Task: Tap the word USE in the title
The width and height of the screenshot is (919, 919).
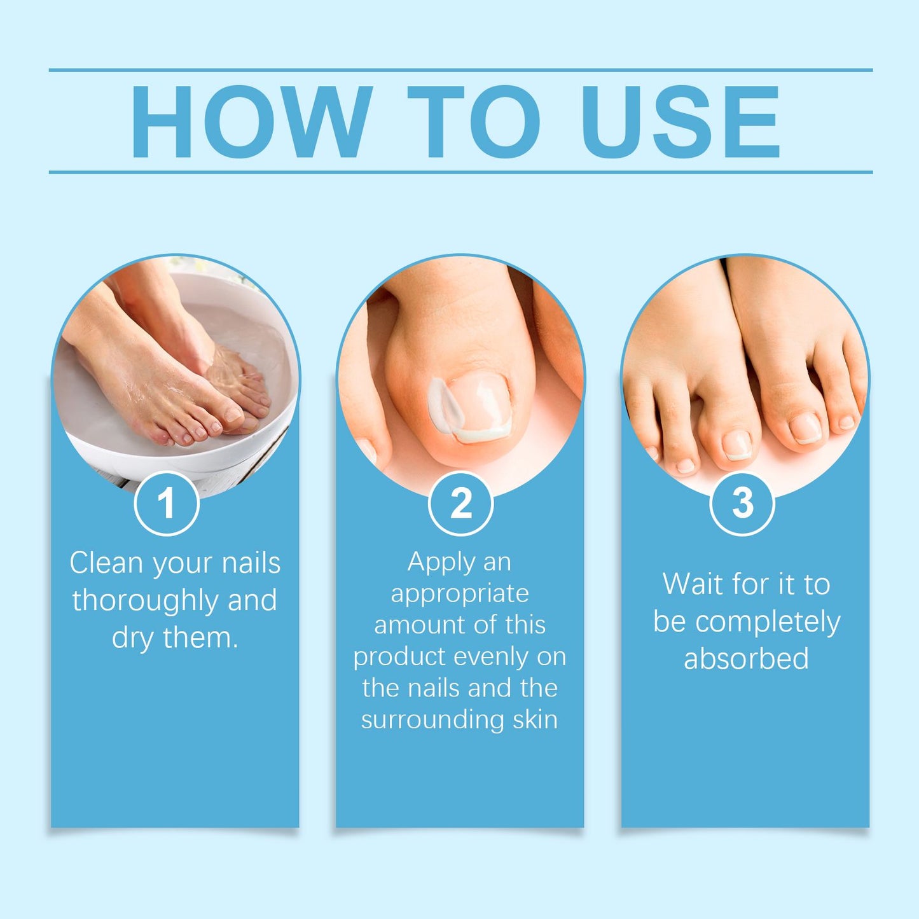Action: click(x=680, y=122)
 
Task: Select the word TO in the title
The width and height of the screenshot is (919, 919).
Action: click(x=474, y=121)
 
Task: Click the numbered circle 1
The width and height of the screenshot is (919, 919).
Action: click(x=167, y=503)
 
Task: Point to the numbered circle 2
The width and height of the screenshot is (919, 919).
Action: click(x=460, y=503)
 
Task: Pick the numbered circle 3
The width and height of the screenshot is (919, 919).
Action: click(x=742, y=503)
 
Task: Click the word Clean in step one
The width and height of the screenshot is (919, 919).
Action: click(x=106, y=563)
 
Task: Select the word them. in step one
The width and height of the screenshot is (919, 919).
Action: click(x=201, y=638)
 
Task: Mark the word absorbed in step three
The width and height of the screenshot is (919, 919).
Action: click(x=747, y=659)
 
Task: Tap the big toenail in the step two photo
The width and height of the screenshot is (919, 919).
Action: click(x=480, y=407)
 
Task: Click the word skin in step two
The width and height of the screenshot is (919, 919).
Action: click(x=536, y=719)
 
